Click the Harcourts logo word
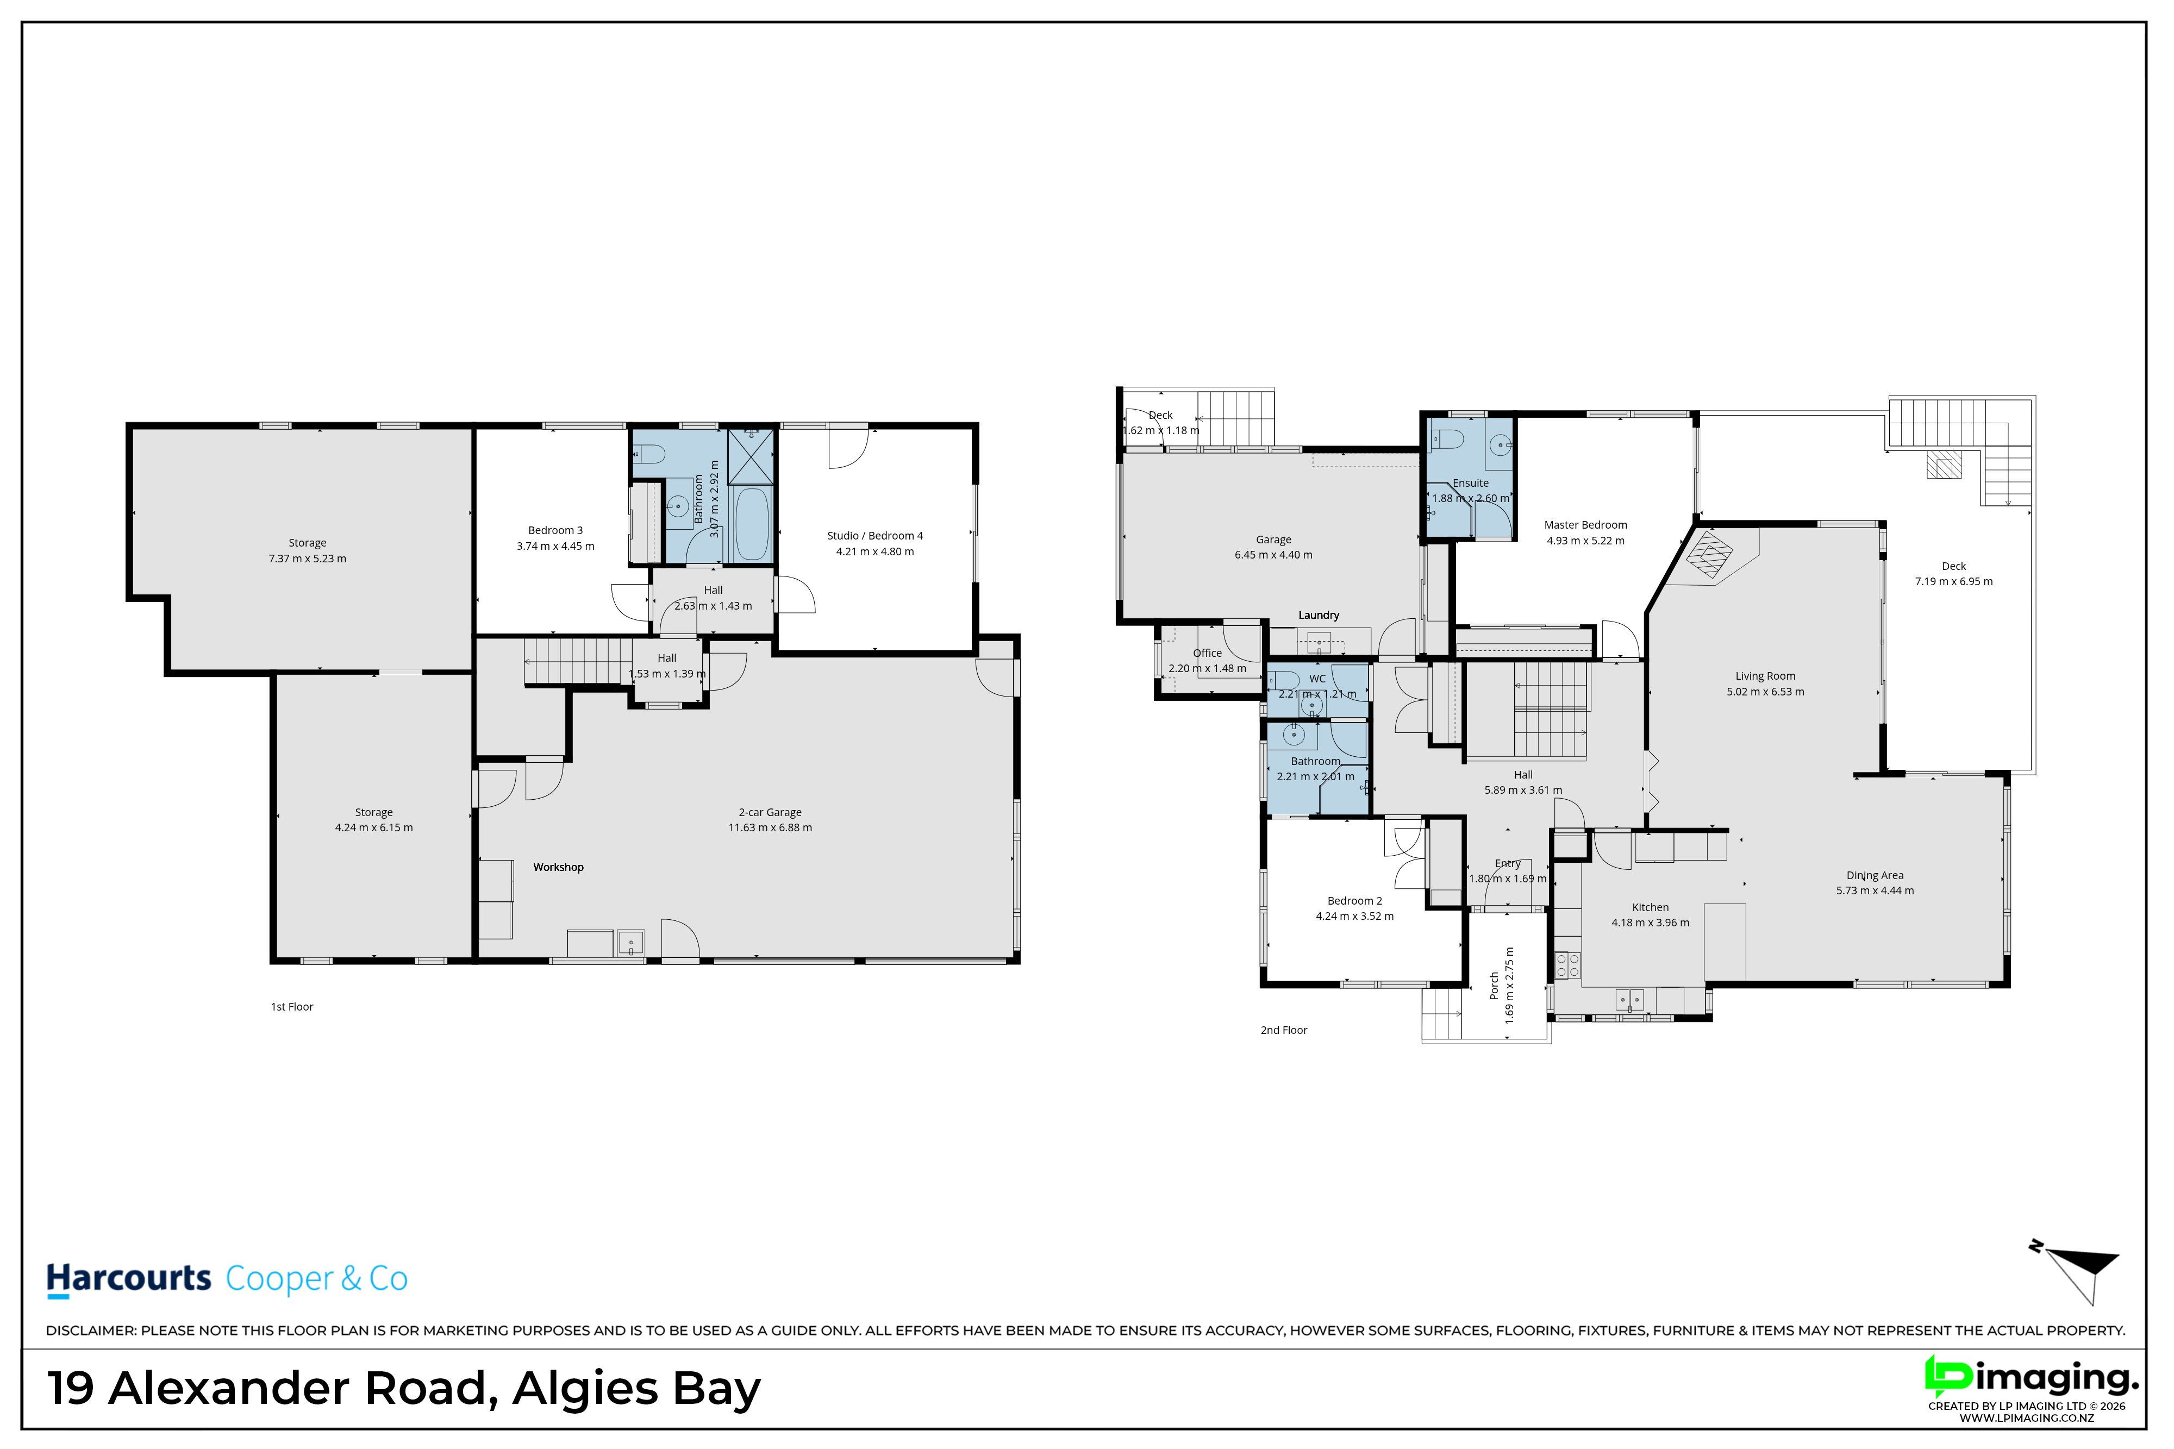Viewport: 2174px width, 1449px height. pyautogui.click(x=129, y=1279)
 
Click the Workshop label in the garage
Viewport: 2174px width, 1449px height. pyautogui.click(x=558, y=867)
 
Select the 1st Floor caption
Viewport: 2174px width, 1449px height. pyautogui.click(x=292, y=1006)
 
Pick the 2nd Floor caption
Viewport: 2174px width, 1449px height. pyautogui.click(x=1284, y=1030)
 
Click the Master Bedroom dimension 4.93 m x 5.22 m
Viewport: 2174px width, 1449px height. pyautogui.click(x=1585, y=541)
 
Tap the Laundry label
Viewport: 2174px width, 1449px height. pyautogui.click(x=1319, y=614)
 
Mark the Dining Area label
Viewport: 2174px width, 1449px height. pyautogui.click(x=1876, y=875)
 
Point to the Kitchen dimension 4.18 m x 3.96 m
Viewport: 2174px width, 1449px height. pyautogui.click(x=1650, y=922)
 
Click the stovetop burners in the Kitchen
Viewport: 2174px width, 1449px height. pyautogui.click(x=1567, y=965)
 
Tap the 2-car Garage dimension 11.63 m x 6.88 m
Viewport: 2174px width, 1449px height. pyautogui.click(x=770, y=827)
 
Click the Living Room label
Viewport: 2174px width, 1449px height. pyautogui.click(x=1765, y=675)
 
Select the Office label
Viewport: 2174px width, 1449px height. pyautogui.click(x=1207, y=653)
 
